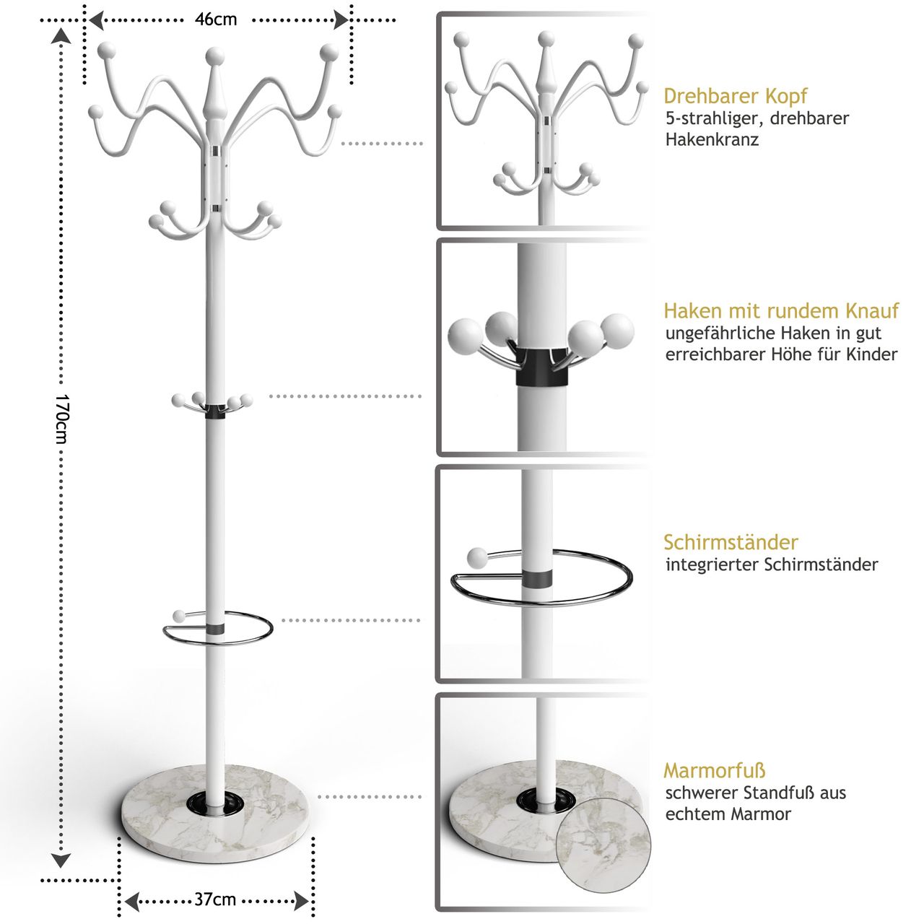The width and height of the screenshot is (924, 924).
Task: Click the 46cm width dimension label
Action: coord(216,19)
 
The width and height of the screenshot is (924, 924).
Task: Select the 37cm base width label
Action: coord(215,899)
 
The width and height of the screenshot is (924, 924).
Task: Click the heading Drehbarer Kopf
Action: coord(735,97)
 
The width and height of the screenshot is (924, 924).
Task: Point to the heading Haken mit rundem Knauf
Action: coord(781,310)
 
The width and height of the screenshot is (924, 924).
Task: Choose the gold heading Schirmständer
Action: coord(731,542)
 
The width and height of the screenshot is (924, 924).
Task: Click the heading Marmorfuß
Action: coord(715,770)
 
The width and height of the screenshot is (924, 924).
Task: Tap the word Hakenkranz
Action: coord(712,139)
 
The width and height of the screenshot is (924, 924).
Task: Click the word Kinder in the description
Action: coord(872,354)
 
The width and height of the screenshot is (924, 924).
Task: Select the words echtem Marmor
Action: coord(728,814)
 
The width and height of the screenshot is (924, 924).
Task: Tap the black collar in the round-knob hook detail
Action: coord(542,367)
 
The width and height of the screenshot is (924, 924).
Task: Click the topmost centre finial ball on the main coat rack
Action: coord(215,56)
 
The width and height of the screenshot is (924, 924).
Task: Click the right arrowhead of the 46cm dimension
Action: coord(341,20)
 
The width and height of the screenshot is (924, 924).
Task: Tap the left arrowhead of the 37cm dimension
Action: coord(131,902)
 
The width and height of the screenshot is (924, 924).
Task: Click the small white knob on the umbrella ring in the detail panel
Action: coord(477,558)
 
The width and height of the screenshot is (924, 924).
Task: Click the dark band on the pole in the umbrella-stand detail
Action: coord(536,579)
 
